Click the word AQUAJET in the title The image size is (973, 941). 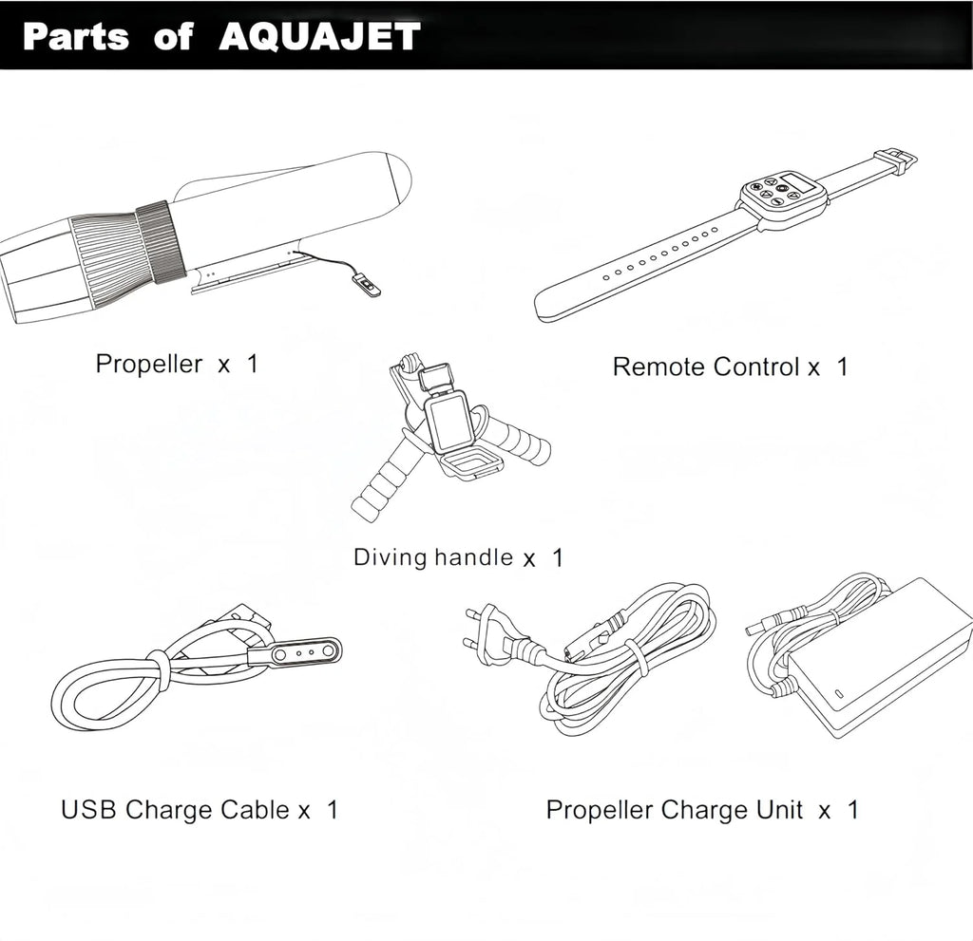coord(319,37)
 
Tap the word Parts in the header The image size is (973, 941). coord(76,37)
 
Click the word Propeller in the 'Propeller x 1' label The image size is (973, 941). coord(149,364)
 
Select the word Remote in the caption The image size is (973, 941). coord(653,367)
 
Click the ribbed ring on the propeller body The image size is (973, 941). coord(161,243)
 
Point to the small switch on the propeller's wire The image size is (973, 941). coord(368,285)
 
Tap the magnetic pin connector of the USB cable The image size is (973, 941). coord(296,652)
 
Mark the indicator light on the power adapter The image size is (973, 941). coord(839,693)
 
